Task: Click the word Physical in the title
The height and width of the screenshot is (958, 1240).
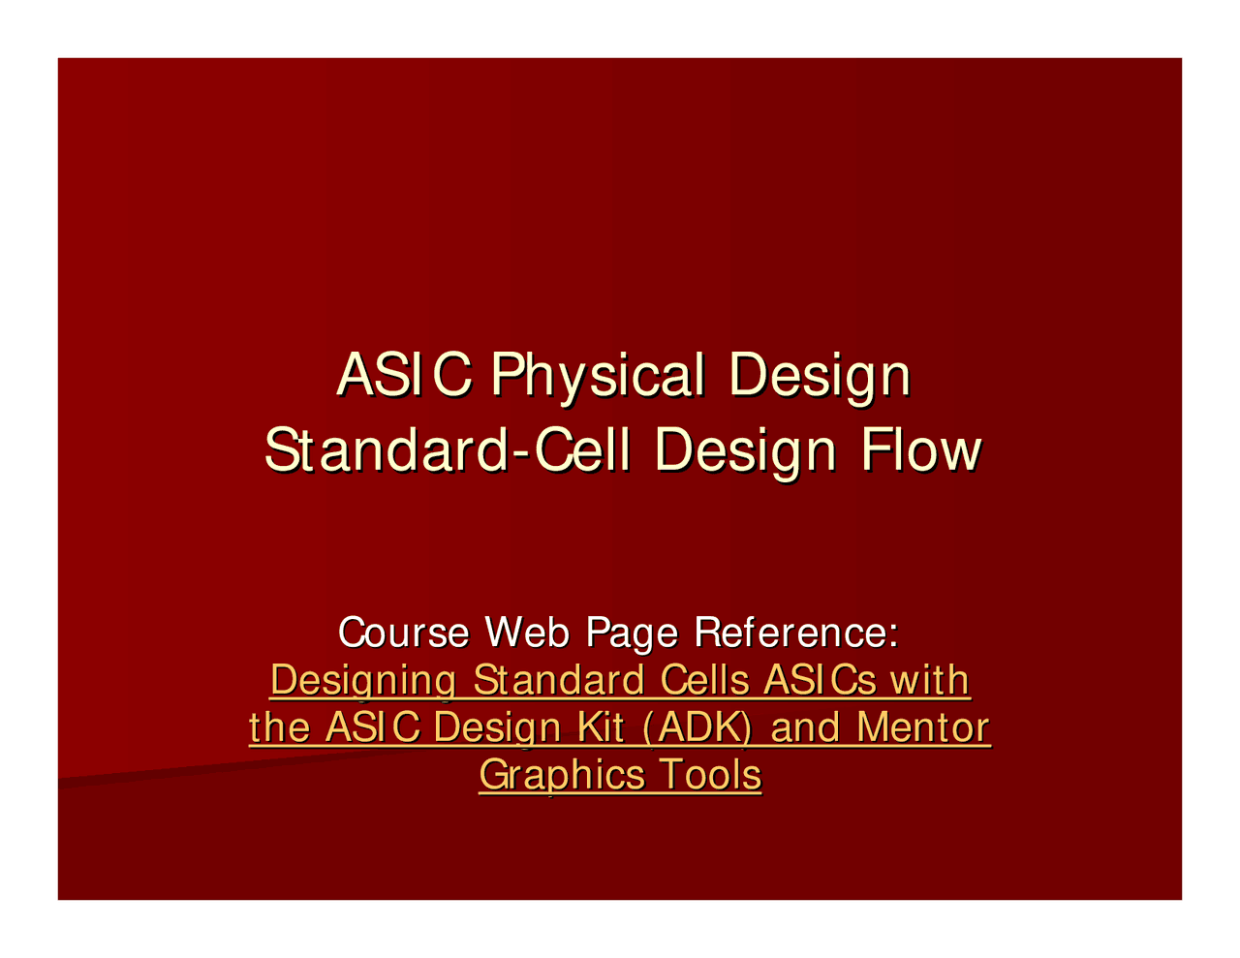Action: [x=597, y=376]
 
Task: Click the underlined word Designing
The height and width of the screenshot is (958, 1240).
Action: [x=361, y=681]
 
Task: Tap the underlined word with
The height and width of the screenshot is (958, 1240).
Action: [x=931, y=681]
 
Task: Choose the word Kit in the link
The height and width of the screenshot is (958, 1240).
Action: [x=602, y=728]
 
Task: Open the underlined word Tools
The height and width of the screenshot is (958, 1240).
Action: [x=709, y=776]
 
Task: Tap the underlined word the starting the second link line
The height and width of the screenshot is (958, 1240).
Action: [x=280, y=728]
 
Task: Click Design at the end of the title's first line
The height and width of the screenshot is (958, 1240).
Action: [x=820, y=376]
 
